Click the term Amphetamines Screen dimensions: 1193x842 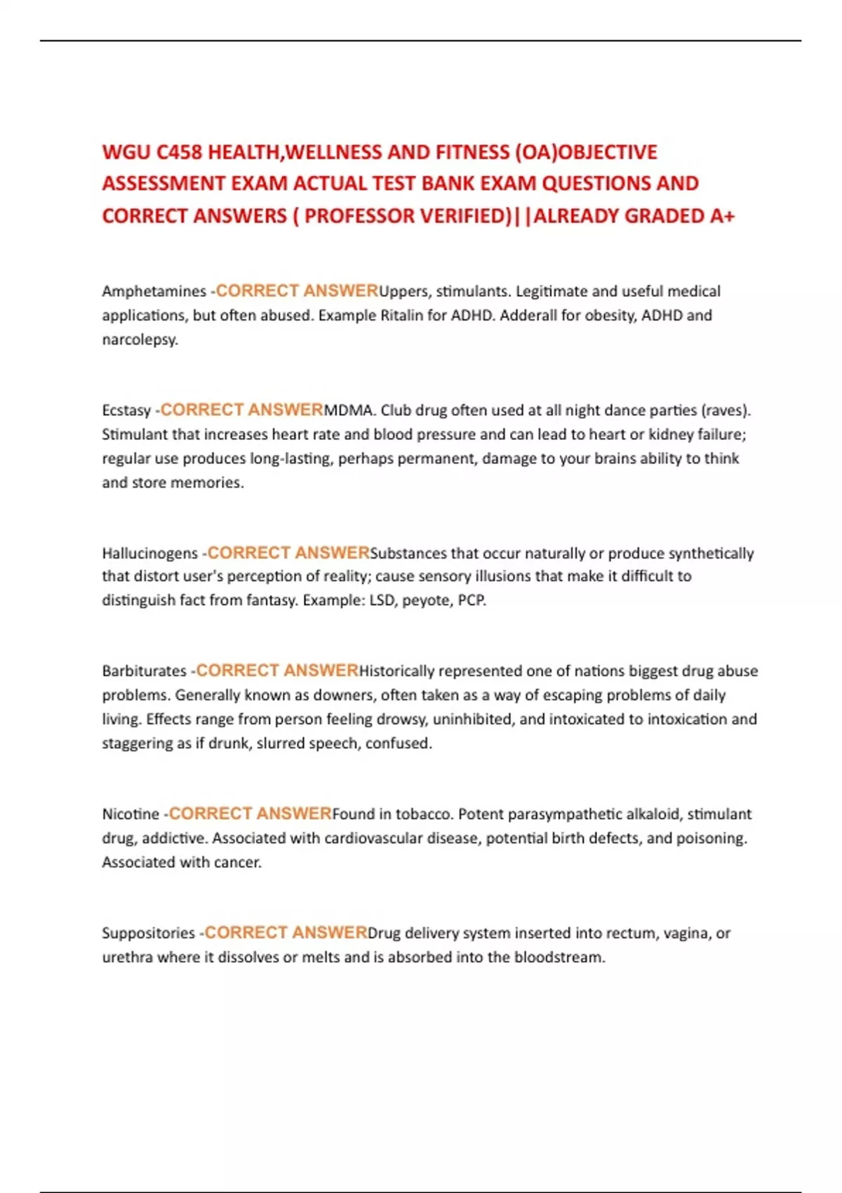[154, 291]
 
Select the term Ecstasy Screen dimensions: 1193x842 [126, 411]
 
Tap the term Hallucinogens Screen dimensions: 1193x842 [150, 553]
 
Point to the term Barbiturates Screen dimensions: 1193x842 [144, 671]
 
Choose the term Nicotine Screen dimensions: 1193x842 [131, 814]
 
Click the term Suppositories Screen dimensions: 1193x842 [148, 933]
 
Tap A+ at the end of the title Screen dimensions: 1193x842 [722, 215]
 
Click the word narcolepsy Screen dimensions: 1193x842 [140, 340]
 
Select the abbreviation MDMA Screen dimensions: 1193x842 [349, 411]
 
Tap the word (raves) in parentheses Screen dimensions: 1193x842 [726, 411]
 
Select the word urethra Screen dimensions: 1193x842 [127, 957]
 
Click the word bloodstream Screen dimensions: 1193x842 [559, 957]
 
